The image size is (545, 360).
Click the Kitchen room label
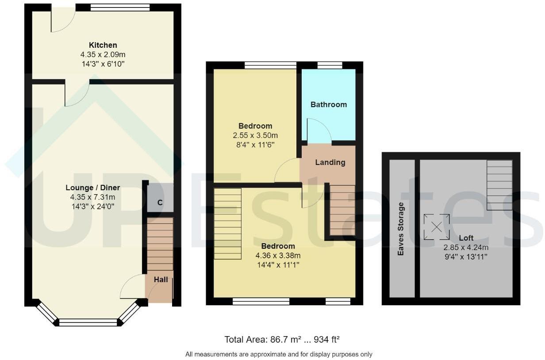point(103,45)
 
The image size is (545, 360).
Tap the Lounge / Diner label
point(93,188)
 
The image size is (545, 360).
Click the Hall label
point(161,280)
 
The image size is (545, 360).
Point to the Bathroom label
point(328,105)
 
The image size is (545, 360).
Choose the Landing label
point(330,162)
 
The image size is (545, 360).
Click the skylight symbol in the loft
point(437,227)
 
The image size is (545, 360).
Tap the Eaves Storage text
point(401,229)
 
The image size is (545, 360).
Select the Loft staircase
point(499,185)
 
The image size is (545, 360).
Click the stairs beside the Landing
point(342,210)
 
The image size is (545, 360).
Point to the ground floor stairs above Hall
point(160,244)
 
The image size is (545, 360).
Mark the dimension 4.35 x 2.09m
point(103,55)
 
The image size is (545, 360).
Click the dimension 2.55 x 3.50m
point(255,135)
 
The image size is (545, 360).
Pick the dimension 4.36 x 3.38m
point(278,255)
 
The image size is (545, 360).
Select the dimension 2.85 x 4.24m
point(466,247)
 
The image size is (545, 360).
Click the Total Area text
point(282,340)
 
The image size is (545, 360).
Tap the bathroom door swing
point(319,131)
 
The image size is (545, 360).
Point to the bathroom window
point(330,65)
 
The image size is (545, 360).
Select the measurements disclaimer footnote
point(279,354)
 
